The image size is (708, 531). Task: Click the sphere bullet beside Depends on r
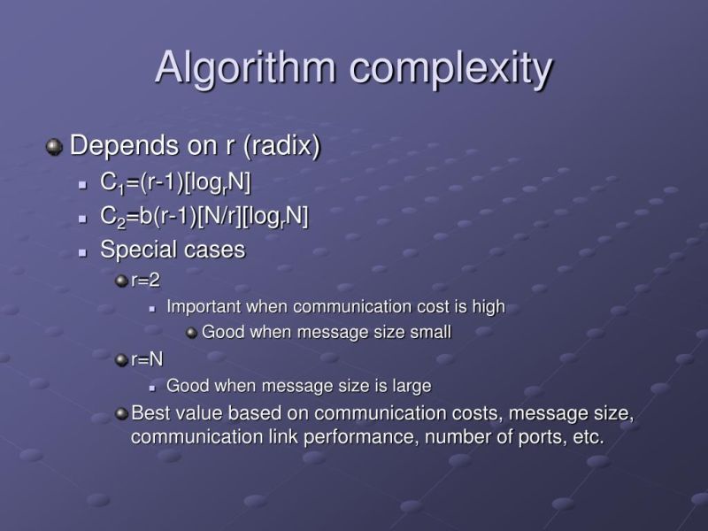click(55, 145)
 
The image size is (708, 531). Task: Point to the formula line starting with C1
click(176, 183)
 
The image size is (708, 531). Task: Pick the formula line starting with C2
click(204, 216)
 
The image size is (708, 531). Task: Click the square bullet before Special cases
click(82, 251)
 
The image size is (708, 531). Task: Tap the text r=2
click(145, 281)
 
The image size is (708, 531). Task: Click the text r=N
click(147, 359)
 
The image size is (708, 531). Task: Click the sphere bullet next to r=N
click(121, 359)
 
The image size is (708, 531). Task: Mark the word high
click(489, 307)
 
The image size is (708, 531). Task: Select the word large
click(411, 386)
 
